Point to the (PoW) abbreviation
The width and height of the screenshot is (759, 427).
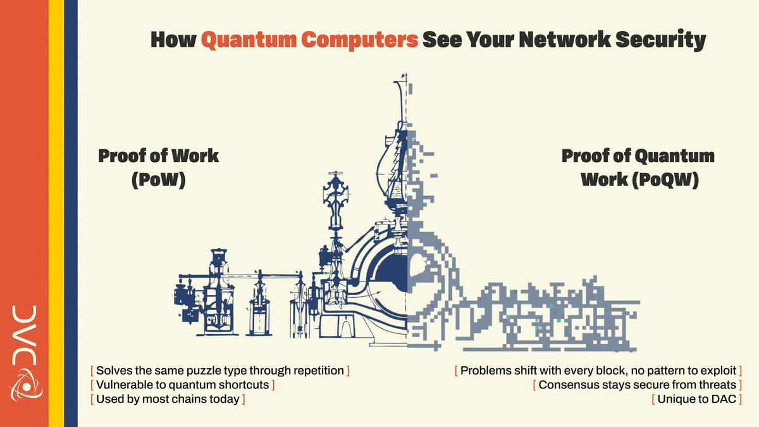coord(159,180)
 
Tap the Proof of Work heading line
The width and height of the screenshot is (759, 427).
coord(158,156)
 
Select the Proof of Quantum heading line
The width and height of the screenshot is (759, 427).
coord(638,156)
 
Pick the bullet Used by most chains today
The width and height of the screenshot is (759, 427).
coord(168,399)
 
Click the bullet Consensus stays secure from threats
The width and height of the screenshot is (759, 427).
coord(638,384)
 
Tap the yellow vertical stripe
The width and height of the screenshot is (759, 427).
coord(56,213)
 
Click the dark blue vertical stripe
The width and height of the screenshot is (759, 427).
coord(70,213)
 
